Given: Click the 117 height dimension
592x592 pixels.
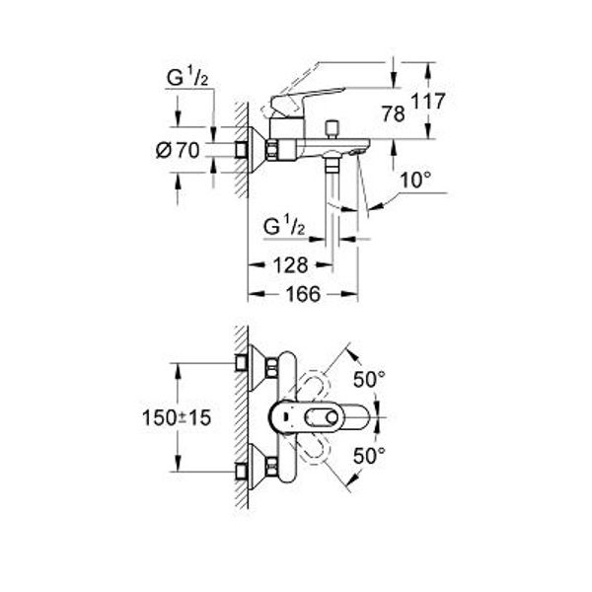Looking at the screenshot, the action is (428, 102).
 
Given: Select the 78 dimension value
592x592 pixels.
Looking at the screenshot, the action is (394, 114).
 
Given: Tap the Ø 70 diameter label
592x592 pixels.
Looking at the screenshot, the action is (178, 151).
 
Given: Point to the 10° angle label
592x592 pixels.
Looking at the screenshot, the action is (415, 181).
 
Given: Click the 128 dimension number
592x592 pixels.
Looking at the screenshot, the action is (291, 265).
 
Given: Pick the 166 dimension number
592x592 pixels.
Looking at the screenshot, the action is (303, 294).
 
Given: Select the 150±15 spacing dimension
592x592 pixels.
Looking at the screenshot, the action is (177, 418).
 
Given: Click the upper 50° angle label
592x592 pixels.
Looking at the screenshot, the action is (369, 380).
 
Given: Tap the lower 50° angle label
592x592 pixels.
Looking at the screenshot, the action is (369, 456).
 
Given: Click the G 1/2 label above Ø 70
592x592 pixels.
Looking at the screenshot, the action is (187, 78).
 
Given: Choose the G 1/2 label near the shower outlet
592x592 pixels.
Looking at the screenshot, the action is (283, 226).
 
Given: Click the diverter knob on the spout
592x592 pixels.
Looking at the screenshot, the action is (333, 129).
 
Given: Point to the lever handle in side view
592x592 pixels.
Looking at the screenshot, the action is (308, 100).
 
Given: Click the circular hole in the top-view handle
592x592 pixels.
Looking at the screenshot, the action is (333, 418).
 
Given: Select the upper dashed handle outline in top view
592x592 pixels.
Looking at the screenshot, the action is (314, 386).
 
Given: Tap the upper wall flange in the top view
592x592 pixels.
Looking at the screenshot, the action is (258, 368).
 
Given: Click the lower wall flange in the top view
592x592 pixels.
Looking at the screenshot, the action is (258, 467).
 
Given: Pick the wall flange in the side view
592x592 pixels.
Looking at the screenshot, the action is (258, 150).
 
